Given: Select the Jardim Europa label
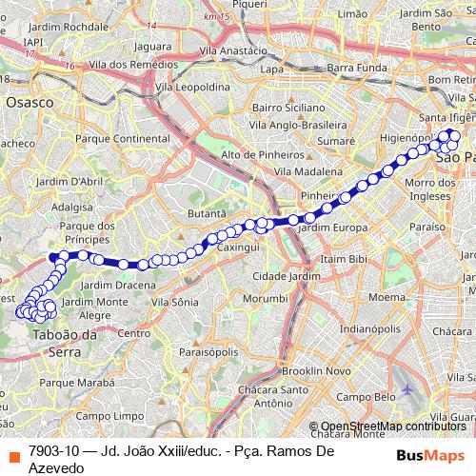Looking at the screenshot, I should pyautogui.click(x=332, y=228).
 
